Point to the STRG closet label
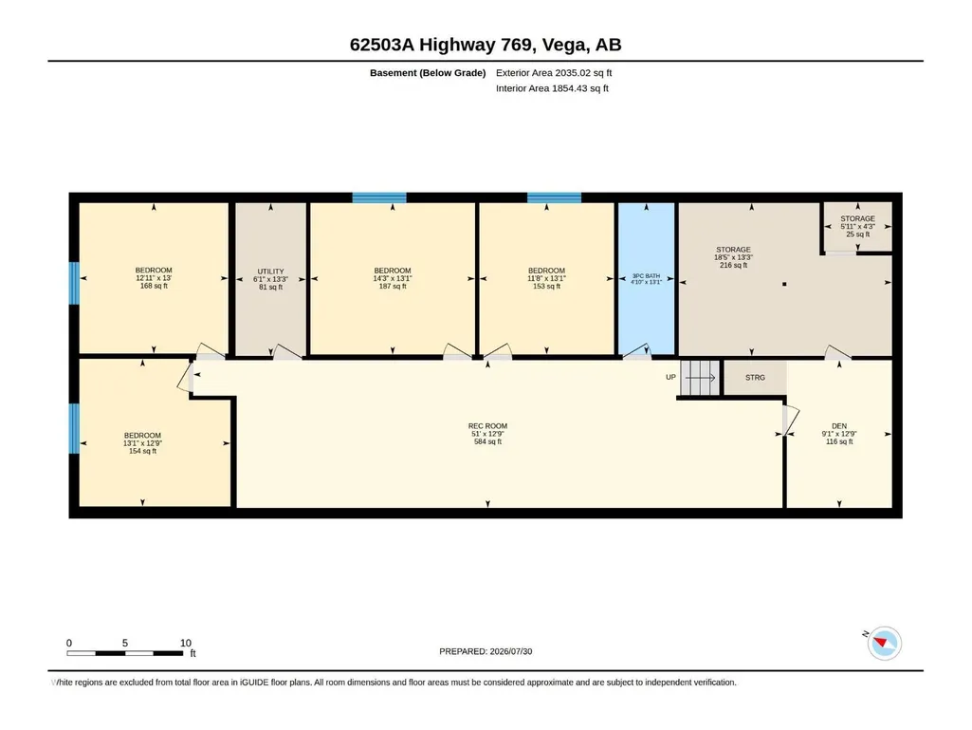(755, 378)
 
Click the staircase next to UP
(700, 378)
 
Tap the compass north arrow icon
(884, 643)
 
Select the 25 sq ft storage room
(858, 227)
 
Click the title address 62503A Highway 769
(441, 45)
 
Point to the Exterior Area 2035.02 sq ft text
(554, 73)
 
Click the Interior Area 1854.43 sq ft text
(552, 88)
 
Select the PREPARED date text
(486, 651)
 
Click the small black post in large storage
(784, 284)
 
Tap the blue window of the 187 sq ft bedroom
(379, 198)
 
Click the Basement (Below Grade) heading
(428, 73)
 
